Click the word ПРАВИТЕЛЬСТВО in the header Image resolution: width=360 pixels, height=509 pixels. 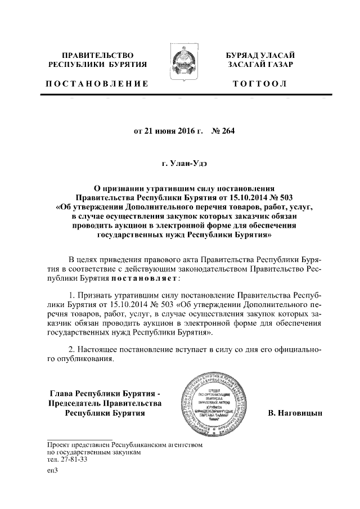click(x=97, y=55)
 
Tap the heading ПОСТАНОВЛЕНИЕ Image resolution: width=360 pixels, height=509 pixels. click(x=97, y=84)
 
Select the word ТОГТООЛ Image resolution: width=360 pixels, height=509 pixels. click(x=259, y=84)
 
